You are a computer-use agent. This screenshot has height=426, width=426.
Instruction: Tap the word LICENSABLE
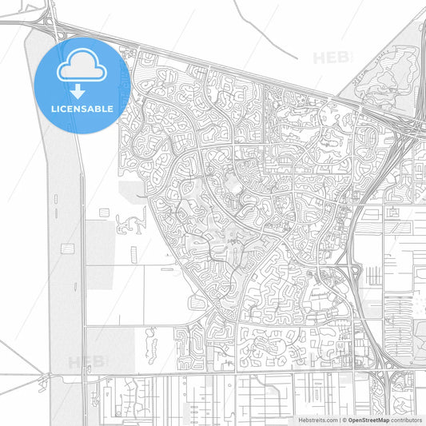click(x=82, y=108)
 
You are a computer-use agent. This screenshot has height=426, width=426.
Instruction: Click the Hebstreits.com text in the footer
click(x=318, y=419)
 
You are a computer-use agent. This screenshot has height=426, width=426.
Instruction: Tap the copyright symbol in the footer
click(x=344, y=419)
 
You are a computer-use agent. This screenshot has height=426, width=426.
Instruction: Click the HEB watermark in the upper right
click(x=329, y=58)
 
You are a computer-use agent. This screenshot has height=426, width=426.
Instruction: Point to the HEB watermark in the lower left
click(x=86, y=361)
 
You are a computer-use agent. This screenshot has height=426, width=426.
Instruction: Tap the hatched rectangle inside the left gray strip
click(x=67, y=249)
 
